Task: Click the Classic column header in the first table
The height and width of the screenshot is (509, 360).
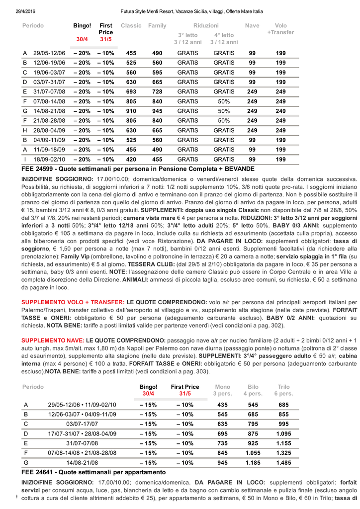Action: tap(131, 25)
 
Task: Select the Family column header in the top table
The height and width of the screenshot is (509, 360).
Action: tap(157, 25)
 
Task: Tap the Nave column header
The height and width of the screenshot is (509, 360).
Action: tap(252, 25)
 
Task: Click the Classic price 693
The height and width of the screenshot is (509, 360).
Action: tap(131, 91)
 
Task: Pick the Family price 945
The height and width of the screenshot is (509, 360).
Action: tap(157, 111)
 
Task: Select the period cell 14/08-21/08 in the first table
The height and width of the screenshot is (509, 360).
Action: tap(49, 111)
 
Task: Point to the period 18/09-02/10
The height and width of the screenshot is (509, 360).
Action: tap(49, 159)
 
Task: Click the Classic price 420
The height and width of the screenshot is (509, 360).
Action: tap(131, 159)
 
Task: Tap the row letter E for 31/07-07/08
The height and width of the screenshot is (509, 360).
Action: tap(25, 91)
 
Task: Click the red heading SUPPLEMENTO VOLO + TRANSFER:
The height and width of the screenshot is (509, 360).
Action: tap(73, 302)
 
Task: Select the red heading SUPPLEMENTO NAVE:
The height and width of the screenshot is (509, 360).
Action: tap(53, 340)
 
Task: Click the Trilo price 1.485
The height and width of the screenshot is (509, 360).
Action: tap(283, 462)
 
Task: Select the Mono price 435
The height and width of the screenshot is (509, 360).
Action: tap(222, 405)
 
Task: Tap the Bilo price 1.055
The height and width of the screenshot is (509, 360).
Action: tap(253, 453)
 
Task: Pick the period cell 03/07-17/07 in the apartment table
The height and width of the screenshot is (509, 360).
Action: tap(82, 424)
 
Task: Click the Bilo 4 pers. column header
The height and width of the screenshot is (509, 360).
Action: tap(253, 390)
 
